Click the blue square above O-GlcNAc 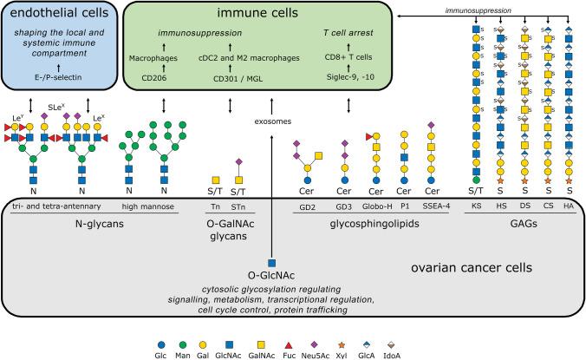point(272,261)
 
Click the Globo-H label point(374,206)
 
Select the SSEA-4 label point(431,206)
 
